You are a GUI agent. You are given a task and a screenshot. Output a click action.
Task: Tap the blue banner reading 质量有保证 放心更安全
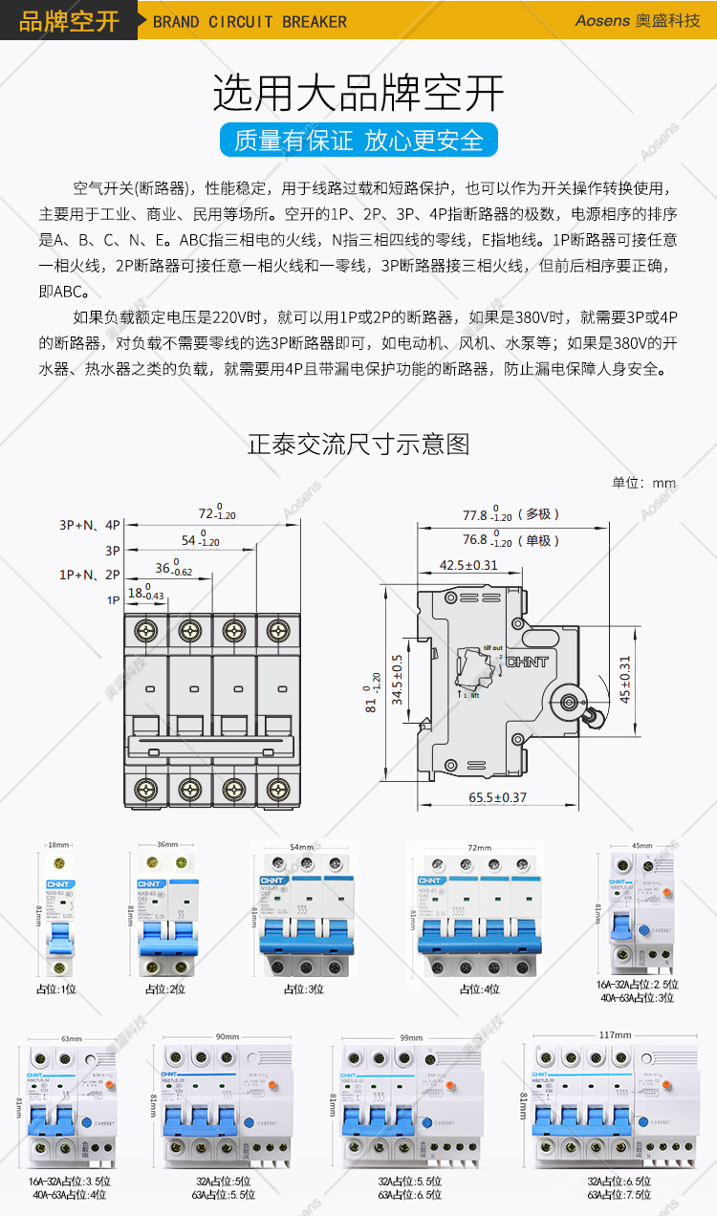pos(358,140)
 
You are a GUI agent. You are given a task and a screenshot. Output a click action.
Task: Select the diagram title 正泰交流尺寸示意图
pos(358,444)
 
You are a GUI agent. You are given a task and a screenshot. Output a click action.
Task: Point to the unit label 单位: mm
pos(644,483)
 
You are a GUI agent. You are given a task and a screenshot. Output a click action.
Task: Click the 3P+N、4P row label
pos(90,525)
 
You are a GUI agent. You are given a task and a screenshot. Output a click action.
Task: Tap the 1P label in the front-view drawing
pos(113,599)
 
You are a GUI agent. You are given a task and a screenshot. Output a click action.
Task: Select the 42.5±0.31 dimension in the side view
pos(468,565)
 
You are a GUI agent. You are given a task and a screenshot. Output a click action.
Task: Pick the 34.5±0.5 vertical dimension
pos(397,680)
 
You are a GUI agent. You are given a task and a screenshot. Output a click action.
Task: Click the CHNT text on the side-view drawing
pos(527,662)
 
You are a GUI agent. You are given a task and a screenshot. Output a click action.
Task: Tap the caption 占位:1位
pos(55,989)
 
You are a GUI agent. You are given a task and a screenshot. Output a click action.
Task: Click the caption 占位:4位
pos(479,989)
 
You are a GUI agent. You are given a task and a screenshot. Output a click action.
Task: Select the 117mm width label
pos(616,1034)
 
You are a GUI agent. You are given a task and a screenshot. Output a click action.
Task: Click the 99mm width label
pos(411,1036)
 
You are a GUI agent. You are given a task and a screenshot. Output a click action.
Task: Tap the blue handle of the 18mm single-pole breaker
pos(56,938)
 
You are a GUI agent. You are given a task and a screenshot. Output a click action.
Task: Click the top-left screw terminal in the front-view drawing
pos(146,631)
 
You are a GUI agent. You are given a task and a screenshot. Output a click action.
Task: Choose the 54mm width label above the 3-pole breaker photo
pos(301,847)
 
